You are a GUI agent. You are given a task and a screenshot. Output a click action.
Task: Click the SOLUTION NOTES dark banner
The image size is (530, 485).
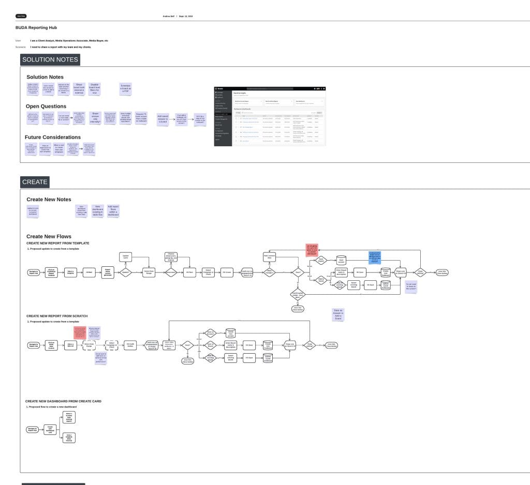[50, 59]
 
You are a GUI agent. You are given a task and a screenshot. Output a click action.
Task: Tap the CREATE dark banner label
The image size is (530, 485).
[35, 181]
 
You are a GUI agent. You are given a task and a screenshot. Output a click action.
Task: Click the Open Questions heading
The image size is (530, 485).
[46, 107]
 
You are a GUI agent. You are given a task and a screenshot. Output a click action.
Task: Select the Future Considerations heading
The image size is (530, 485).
[52, 138]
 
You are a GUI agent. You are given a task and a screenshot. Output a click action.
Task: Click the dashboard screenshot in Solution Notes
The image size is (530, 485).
[270, 116]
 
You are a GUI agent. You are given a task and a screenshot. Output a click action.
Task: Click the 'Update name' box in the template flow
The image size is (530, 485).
[125, 256]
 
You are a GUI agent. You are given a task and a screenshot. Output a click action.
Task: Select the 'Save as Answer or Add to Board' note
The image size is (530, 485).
[338, 314]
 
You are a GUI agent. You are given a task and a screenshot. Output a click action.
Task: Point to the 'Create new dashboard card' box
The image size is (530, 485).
[50, 429]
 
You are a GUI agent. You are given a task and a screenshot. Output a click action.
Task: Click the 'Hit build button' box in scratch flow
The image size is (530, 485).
[131, 345]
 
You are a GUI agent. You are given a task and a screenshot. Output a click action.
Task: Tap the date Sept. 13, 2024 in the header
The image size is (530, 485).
[186, 17]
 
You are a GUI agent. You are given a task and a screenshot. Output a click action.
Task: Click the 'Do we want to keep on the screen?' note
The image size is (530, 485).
[411, 286]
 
